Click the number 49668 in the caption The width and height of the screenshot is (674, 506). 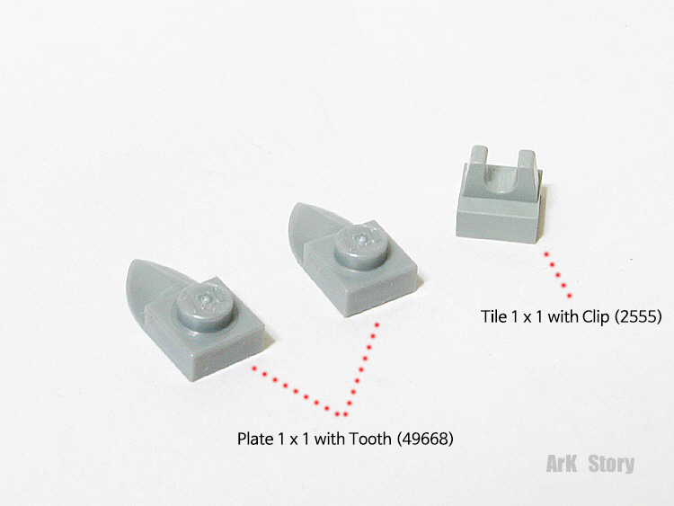tap(424, 439)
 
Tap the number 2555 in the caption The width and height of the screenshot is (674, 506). tap(638, 317)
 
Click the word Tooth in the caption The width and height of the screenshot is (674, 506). tap(369, 439)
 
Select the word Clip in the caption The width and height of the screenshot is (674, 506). tap(596, 316)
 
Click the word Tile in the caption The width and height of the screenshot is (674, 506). tap(494, 316)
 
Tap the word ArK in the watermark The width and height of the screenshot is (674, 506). tap(562, 464)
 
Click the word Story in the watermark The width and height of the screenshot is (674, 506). tap(611, 464)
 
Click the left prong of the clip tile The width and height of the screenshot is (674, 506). tap(479, 161)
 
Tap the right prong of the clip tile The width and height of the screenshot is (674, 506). tap(528, 164)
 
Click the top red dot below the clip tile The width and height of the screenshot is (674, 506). tap(546, 254)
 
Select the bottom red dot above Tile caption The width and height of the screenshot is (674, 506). tap(570, 296)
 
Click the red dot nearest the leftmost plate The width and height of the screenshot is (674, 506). tap(254, 368)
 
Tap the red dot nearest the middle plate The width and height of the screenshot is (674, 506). tap(377, 324)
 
